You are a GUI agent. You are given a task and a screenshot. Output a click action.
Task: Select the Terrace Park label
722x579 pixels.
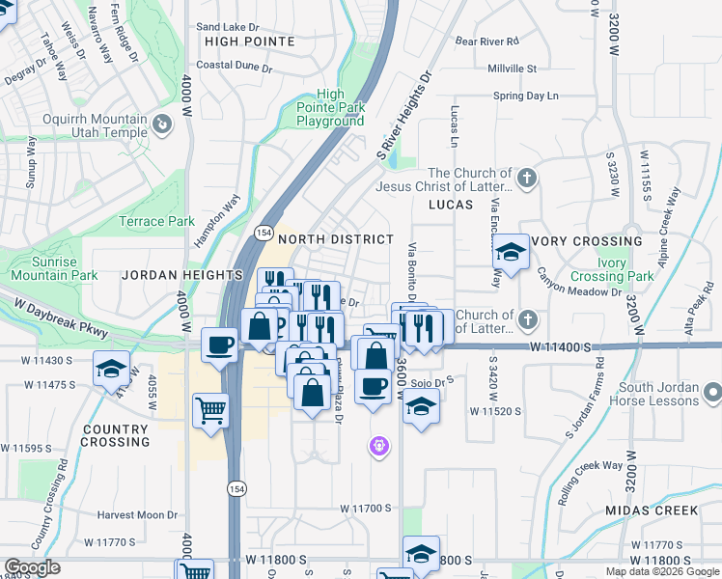coord(156,221)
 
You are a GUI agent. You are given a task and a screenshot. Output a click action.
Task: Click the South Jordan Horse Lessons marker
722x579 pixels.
coord(712,393)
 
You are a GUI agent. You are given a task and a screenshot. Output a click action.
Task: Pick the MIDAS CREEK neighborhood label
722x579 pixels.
coord(652,510)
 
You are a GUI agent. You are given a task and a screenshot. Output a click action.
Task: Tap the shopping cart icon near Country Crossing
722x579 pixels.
coord(210,409)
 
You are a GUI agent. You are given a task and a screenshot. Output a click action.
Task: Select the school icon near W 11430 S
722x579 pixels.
coord(111,368)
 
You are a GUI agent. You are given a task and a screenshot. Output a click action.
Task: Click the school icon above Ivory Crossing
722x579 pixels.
coord(510,253)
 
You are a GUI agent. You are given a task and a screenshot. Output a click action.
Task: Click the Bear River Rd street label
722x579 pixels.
coord(487,41)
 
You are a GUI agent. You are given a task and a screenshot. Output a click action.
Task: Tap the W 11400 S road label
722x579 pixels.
coord(559,345)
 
